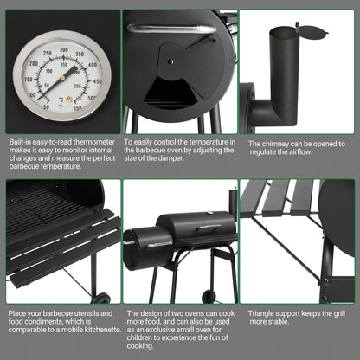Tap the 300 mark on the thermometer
click(x=62, y=49)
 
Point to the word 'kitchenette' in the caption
click(x=93, y=331)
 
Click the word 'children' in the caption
click(x=148, y=339)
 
